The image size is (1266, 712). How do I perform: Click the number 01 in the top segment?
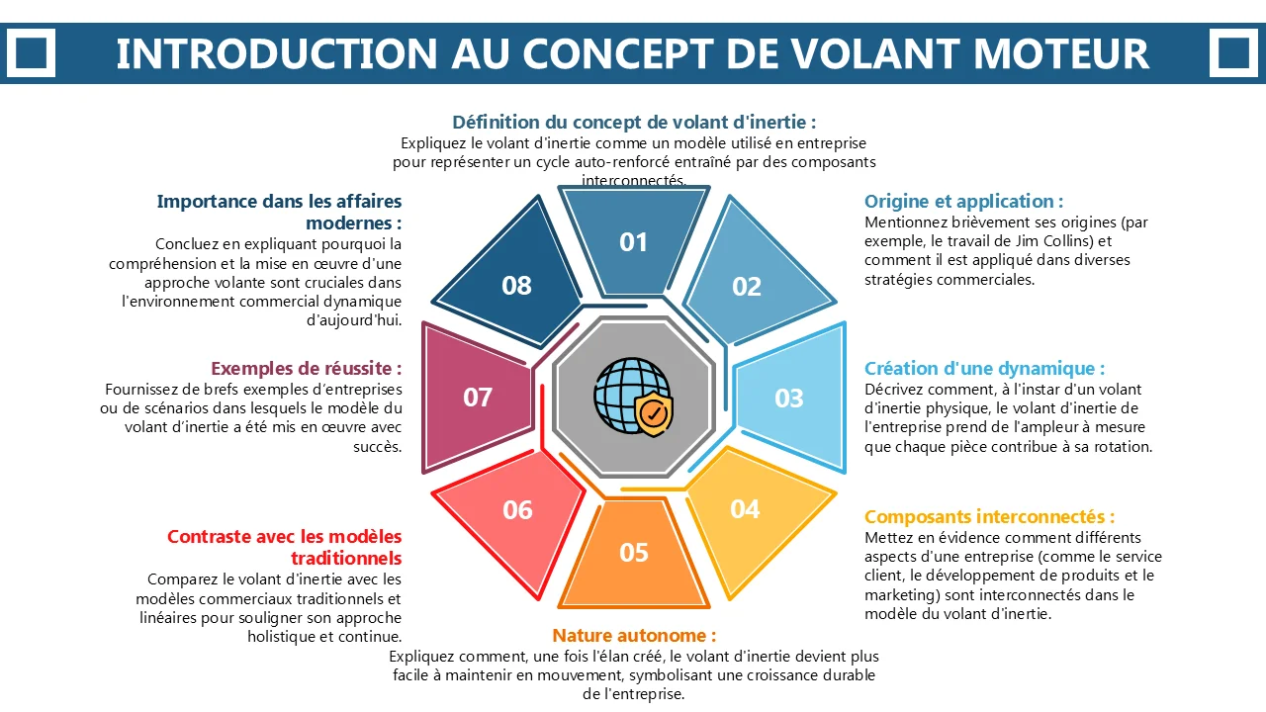(x=633, y=242)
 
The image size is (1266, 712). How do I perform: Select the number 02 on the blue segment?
(x=747, y=287)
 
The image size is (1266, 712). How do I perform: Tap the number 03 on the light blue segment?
(x=789, y=399)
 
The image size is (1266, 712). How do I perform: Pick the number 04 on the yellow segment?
(x=745, y=509)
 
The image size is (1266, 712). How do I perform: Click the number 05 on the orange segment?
(x=634, y=553)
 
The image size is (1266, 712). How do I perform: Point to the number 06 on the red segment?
(x=517, y=510)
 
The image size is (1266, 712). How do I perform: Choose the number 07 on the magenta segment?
(x=478, y=398)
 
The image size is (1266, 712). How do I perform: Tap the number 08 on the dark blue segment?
(x=516, y=286)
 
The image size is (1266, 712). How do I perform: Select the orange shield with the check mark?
(x=654, y=413)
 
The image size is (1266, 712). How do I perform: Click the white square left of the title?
(x=31, y=53)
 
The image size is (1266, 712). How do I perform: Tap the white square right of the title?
(x=1233, y=53)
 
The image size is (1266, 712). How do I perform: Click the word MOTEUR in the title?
(x=1061, y=53)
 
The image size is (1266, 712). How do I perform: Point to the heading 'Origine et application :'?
(x=963, y=201)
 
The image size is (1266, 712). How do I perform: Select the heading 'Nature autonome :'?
(x=634, y=636)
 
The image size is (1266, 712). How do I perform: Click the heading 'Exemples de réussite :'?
(x=307, y=369)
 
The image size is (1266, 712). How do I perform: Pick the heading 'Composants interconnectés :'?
(x=990, y=517)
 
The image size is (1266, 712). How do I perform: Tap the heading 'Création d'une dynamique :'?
(x=984, y=369)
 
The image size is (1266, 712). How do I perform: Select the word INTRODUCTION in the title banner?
(x=276, y=53)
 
